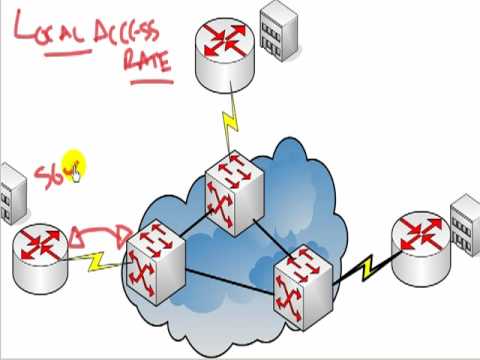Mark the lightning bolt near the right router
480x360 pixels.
tap(367, 268)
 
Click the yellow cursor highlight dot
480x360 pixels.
tap(74, 164)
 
